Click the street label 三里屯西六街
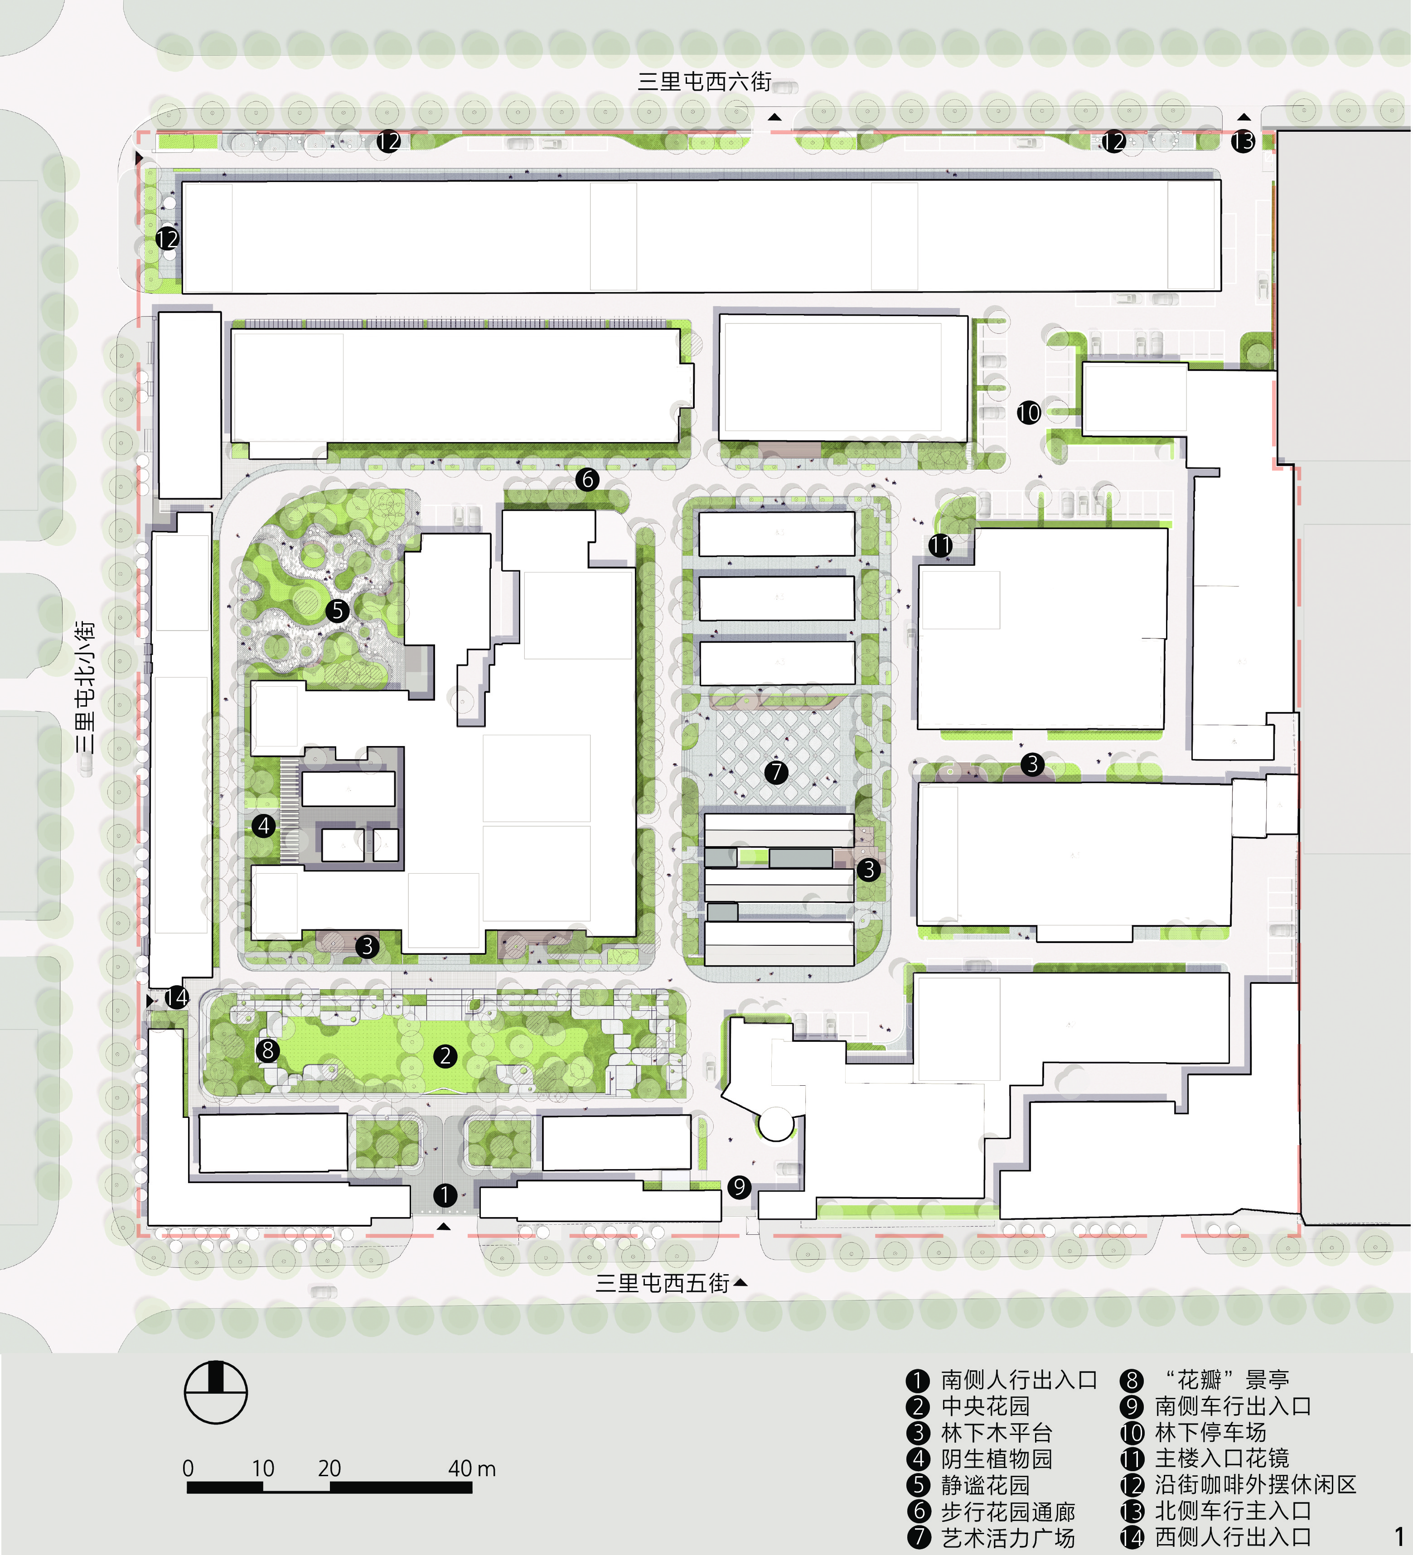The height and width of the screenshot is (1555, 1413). pyautogui.click(x=705, y=82)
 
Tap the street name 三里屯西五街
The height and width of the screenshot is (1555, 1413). pyautogui.click(x=662, y=1283)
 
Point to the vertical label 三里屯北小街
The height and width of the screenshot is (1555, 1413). pyautogui.click(x=86, y=687)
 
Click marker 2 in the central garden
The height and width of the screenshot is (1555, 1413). pyautogui.click(x=445, y=1056)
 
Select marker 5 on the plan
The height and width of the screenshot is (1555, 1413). pyautogui.click(x=337, y=611)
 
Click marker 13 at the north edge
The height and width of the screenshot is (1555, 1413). pyautogui.click(x=1243, y=141)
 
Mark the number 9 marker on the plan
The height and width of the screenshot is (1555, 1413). pyautogui.click(x=739, y=1186)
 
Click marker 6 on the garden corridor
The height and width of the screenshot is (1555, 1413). pyautogui.click(x=587, y=479)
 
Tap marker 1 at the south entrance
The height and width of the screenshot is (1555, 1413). pyautogui.click(x=445, y=1195)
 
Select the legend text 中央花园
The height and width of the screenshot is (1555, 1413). pyautogui.click(x=986, y=1406)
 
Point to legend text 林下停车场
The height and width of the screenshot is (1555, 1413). pyautogui.click(x=1210, y=1432)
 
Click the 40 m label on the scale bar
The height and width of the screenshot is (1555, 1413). pyautogui.click(x=471, y=1468)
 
